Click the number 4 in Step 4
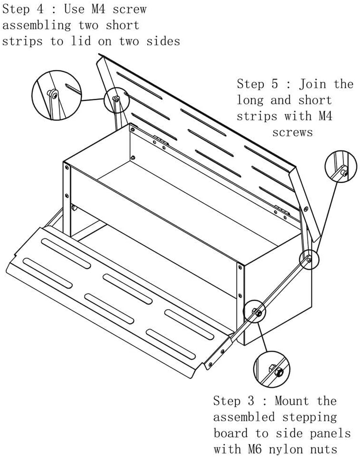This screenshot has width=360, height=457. [40, 9]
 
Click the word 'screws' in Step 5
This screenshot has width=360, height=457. [292, 132]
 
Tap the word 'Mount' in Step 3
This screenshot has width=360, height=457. [292, 401]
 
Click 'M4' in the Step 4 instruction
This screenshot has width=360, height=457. [98, 9]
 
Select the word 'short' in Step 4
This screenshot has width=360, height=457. [122, 25]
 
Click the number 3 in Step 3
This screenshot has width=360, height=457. [251, 401]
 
